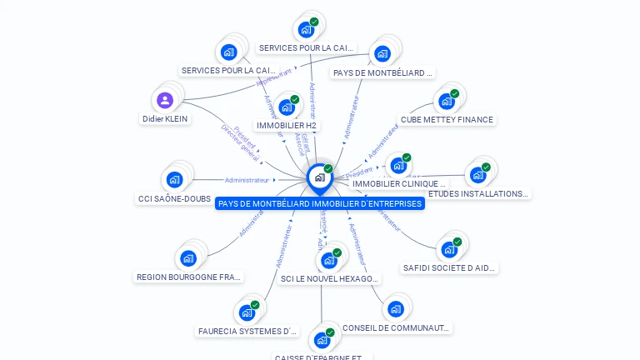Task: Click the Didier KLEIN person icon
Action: point(165,101)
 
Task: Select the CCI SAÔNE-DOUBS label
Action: point(174,199)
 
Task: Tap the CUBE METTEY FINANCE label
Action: point(447,120)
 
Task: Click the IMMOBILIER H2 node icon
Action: point(286,107)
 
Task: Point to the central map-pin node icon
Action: point(319,177)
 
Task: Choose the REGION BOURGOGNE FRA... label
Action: point(188,277)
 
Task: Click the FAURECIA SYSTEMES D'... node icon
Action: point(247,312)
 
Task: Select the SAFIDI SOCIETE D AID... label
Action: point(449,268)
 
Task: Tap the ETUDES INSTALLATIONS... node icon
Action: point(477,175)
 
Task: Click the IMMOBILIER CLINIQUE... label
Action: point(399,183)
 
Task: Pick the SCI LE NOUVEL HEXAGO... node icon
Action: point(329,261)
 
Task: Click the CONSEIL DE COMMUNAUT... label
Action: point(397,328)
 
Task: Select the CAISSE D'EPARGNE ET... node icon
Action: point(322,340)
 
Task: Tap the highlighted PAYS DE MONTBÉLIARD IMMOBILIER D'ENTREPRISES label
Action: point(320,203)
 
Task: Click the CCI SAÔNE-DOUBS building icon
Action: point(174,179)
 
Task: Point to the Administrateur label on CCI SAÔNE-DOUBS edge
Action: point(247,180)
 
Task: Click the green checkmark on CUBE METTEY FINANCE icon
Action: point(455,94)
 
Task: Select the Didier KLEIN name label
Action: point(165,119)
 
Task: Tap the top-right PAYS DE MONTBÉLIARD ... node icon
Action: point(382,54)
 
